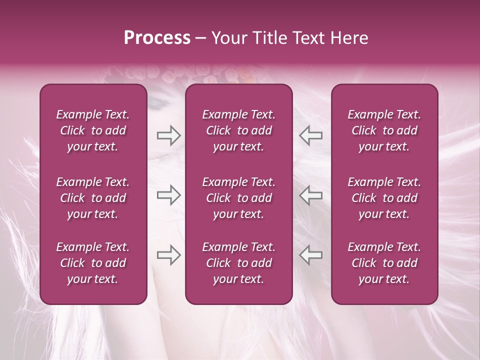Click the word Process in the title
157,38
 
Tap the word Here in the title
349,38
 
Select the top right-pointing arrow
168,135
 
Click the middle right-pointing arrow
168,195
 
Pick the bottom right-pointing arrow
168,255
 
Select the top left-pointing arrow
310,135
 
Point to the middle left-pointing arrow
310,195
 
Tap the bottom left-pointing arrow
310,255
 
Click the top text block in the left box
93,130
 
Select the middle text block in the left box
93,198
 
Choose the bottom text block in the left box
93,263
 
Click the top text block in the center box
239,130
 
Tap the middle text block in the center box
239,198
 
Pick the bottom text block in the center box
239,263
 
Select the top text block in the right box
384,130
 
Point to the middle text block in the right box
384,198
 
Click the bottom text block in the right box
384,263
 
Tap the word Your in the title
228,38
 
